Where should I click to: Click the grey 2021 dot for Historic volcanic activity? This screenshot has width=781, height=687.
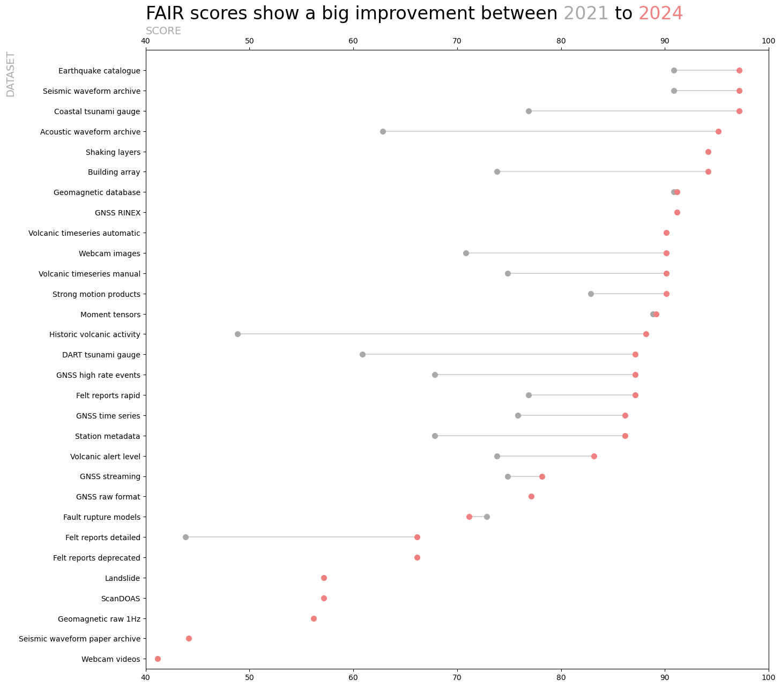pyautogui.click(x=237, y=334)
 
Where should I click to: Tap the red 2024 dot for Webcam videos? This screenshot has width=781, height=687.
pyautogui.click(x=158, y=659)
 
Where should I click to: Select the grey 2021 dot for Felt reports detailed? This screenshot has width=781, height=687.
pyautogui.click(x=185, y=537)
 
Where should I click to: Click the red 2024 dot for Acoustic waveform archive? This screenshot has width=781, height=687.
pyautogui.click(x=718, y=132)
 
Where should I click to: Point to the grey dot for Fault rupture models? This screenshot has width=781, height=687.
pyautogui.click(x=487, y=517)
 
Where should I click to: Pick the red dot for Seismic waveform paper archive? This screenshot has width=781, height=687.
pyautogui.click(x=189, y=639)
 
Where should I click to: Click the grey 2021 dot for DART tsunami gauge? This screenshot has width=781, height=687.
pyautogui.click(x=362, y=355)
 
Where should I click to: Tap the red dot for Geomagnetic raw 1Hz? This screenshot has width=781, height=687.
pyautogui.click(x=314, y=619)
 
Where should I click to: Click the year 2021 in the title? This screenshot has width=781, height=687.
pyautogui.click(x=586, y=13)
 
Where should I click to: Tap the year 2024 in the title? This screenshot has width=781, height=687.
pyautogui.click(x=660, y=13)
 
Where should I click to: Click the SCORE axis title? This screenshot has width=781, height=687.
pyautogui.click(x=163, y=31)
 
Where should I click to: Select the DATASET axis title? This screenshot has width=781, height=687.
pyautogui.click(x=11, y=74)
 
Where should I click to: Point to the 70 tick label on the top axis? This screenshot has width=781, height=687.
pyautogui.click(x=457, y=41)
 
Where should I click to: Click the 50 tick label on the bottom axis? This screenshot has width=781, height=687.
pyautogui.click(x=249, y=678)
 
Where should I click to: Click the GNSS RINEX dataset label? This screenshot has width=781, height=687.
pyautogui.click(x=117, y=213)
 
